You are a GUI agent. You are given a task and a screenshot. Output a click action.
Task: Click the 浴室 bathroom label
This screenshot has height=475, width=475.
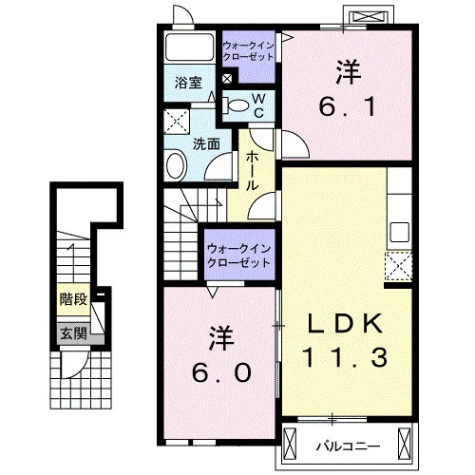(189, 83)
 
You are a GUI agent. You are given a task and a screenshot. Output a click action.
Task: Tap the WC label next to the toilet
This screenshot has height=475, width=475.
(259, 106)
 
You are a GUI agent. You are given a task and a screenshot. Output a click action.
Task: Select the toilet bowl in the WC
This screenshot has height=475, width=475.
(238, 105)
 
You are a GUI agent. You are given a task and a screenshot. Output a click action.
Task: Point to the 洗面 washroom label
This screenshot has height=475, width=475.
(206, 144)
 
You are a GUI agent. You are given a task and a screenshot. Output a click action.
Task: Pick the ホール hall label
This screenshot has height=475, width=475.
(252, 171)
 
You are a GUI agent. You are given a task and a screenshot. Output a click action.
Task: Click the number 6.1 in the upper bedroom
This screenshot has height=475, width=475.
(348, 106)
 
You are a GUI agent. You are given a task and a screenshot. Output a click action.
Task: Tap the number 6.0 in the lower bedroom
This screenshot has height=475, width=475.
(221, 372)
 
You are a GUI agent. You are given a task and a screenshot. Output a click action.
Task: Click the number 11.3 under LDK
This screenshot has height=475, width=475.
(345, 357)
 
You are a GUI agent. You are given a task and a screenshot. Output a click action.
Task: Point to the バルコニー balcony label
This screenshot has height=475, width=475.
(348, 447)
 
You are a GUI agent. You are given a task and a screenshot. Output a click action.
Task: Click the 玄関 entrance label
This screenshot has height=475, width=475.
(73, 333)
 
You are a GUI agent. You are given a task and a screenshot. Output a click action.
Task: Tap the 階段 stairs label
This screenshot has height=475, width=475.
(73, 299)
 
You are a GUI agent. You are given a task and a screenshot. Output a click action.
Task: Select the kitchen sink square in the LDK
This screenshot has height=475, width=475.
(399, 232)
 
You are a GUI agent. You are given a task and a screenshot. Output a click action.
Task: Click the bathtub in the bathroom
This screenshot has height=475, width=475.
(190, 47)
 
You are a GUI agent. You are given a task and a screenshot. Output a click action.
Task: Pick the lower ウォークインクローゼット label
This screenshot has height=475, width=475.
(238, 256)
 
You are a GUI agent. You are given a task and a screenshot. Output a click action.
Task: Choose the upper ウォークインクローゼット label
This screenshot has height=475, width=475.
(248, 51)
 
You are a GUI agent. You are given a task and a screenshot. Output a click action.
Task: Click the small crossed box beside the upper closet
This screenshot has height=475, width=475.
(227, 79)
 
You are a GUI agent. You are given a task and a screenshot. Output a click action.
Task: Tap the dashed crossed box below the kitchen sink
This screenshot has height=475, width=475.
(398, 267)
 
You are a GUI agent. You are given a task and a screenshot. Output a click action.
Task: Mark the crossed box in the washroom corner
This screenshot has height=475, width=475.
(177, 122)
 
